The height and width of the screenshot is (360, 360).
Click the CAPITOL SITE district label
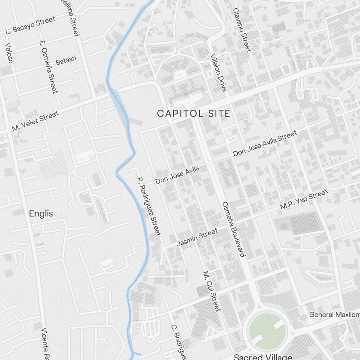pos(193,114)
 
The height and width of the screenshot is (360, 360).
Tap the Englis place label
pos(41,213)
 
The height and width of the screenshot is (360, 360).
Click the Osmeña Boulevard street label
pos(234,229)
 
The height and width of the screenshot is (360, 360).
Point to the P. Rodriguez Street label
pos(149,206)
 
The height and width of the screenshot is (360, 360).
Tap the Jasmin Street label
pos(197,238)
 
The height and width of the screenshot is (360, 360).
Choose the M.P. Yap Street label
pos(304,199)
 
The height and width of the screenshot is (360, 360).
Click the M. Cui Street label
pos(211,291)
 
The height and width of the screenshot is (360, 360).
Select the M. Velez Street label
pos(35,121)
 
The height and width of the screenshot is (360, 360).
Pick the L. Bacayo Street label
pos(31,25)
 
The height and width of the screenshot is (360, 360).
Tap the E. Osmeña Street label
pos(48,67)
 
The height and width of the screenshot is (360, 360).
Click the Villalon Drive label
pos(219,72)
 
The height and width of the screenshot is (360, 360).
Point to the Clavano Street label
pos(242,30)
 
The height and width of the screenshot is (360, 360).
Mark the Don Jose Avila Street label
pos(265,144)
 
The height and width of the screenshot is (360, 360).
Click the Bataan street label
pos(66,60)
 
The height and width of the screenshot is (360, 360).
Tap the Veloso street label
pos(9,53)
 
